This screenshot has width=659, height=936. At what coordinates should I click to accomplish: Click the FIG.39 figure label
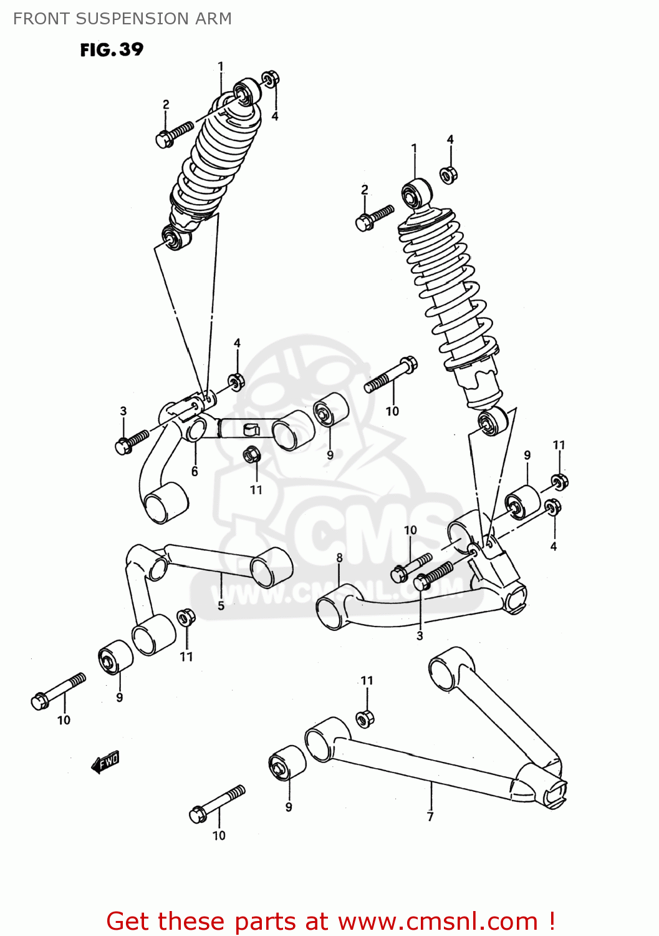coord(112,50)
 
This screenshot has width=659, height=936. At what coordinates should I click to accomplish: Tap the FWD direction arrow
coord(105,762)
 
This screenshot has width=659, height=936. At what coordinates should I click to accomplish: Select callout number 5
coord(221,605)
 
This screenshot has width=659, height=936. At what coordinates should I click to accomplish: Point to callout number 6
coord(195,471)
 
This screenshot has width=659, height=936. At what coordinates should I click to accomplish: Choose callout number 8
coord(339,557)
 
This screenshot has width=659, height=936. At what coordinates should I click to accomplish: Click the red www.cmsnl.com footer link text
coord(438,920)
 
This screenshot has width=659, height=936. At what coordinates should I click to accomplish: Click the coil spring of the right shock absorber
coord(447,293)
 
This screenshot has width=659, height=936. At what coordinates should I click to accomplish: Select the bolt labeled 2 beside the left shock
coord(175,134)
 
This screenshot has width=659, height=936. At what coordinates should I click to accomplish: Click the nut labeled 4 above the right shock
coord(448,175)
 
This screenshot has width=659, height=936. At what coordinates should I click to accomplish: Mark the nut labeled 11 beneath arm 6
coord(252,454)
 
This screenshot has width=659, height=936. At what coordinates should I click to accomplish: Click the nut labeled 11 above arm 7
coord(365,718)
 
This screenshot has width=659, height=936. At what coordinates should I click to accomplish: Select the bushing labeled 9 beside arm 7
coord(287,762)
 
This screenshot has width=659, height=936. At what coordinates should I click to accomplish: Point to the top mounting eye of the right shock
coord(416,193)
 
